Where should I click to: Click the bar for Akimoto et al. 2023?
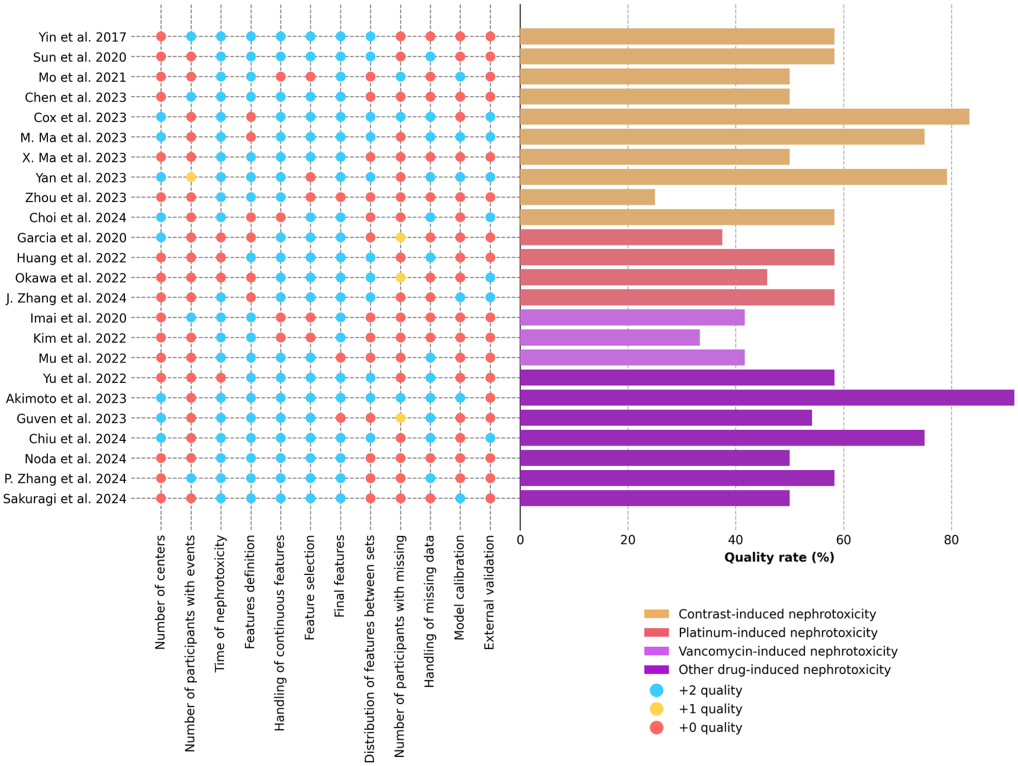(767, 398)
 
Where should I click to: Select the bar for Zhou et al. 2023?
(588, 197)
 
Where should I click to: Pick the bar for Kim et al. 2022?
(610, 337)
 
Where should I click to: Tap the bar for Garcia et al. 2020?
(621, 237)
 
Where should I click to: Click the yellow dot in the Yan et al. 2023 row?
(191, 177)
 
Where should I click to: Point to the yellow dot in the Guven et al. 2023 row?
(400, 418)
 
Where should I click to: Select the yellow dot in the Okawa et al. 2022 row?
(400, 278)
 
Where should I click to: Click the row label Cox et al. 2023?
(80, 118)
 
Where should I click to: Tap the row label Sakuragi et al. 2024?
(65, 499)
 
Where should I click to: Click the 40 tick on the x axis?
(736, 540)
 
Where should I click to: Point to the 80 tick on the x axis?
(951, 540)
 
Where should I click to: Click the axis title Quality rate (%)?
(779, 558)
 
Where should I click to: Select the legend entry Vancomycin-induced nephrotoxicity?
(788, 651)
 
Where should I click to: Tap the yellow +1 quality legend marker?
(656, 709)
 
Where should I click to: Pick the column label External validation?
(490, 592)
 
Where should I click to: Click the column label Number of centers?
(160, 592)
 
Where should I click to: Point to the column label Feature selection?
(310, 587)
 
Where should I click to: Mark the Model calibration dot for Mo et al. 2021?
(460, 77)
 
